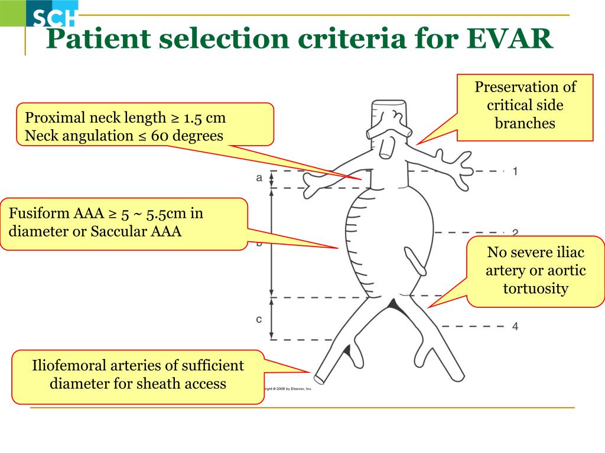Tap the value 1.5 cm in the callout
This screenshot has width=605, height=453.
tap(205, 118)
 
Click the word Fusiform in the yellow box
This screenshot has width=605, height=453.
tap(41, 213)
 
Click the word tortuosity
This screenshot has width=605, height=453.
tap(535, 289)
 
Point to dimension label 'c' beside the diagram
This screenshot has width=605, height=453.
tap(259, 320)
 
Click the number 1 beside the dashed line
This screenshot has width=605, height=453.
tap(515, 172)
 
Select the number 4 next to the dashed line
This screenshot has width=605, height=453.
tap(515, 326)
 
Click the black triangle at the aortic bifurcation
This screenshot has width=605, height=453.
tap(393, 304)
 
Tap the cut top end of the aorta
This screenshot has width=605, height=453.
tap(389, 109)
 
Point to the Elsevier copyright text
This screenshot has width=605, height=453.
tap(288, 389)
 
